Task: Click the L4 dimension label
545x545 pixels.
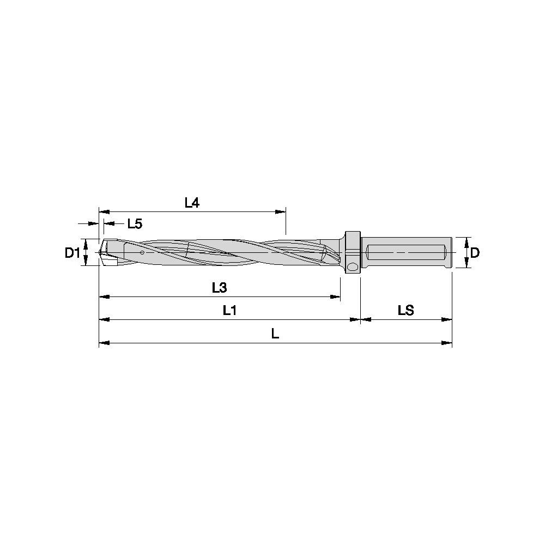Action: pos(192,203)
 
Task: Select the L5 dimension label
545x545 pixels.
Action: pos(135,223)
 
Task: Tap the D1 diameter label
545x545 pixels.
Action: pos(72,253)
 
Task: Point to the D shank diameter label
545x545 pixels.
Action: pos(475,253)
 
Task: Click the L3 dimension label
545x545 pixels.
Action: pos(219,288)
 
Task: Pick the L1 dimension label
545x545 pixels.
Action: pos(229,310)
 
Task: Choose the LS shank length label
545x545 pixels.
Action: pos(406,310)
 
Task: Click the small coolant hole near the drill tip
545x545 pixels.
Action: pos(142,252)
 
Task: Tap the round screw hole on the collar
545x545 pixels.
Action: pos(353,267)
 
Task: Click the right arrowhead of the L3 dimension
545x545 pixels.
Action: pos(336,297)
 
